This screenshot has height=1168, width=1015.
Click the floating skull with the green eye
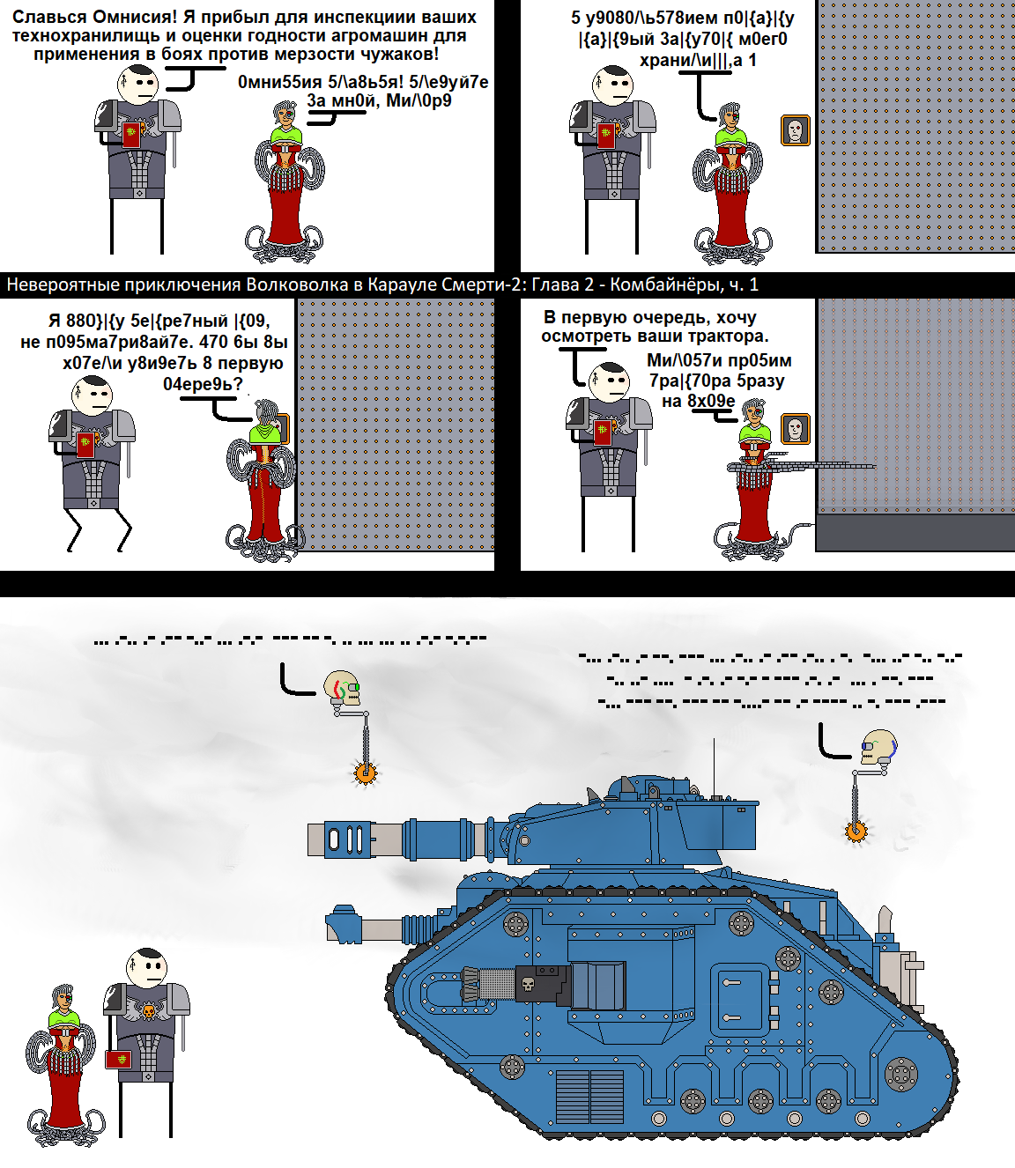click(x=342, y=688)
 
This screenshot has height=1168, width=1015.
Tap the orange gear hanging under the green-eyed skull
click(x=365, y=773)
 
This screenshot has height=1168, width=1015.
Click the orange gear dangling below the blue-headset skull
click(x=856, y=831)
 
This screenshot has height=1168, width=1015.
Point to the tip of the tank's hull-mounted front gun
click(x=340, y=923)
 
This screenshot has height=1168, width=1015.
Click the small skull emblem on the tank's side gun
click(x=529, y=984)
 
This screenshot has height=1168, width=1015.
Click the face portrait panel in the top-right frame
click(x=796, y=130)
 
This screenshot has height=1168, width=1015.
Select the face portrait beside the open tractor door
click(x=796, y=429)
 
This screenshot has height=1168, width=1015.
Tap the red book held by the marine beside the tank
click(x=118, y=1059)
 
